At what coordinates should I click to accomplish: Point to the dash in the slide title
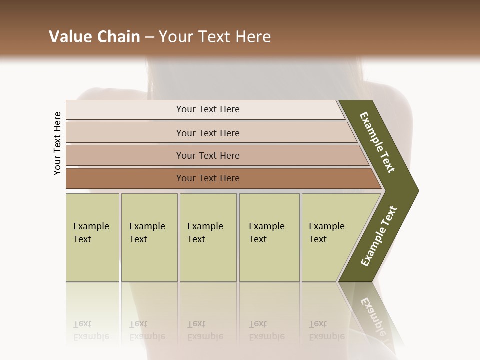point(149,37)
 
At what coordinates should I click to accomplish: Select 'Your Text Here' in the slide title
point(215,37)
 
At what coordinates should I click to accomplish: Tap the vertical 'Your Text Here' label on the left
point(57,143)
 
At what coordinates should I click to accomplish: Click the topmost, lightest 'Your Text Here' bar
point(207,109)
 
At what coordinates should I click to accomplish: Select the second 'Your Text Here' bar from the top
point(207,133)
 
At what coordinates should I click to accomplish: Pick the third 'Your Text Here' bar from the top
point(207,155)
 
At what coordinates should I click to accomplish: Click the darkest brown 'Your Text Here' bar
point(207,178)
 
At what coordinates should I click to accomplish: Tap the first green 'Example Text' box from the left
point(92,237)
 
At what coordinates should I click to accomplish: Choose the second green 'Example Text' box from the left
point(149,237)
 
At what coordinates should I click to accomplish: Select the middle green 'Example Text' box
point(208,237)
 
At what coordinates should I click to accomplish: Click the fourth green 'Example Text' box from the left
point(269,237)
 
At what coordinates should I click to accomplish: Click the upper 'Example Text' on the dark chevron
point(377,142)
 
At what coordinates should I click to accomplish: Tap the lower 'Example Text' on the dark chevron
point(379,236)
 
